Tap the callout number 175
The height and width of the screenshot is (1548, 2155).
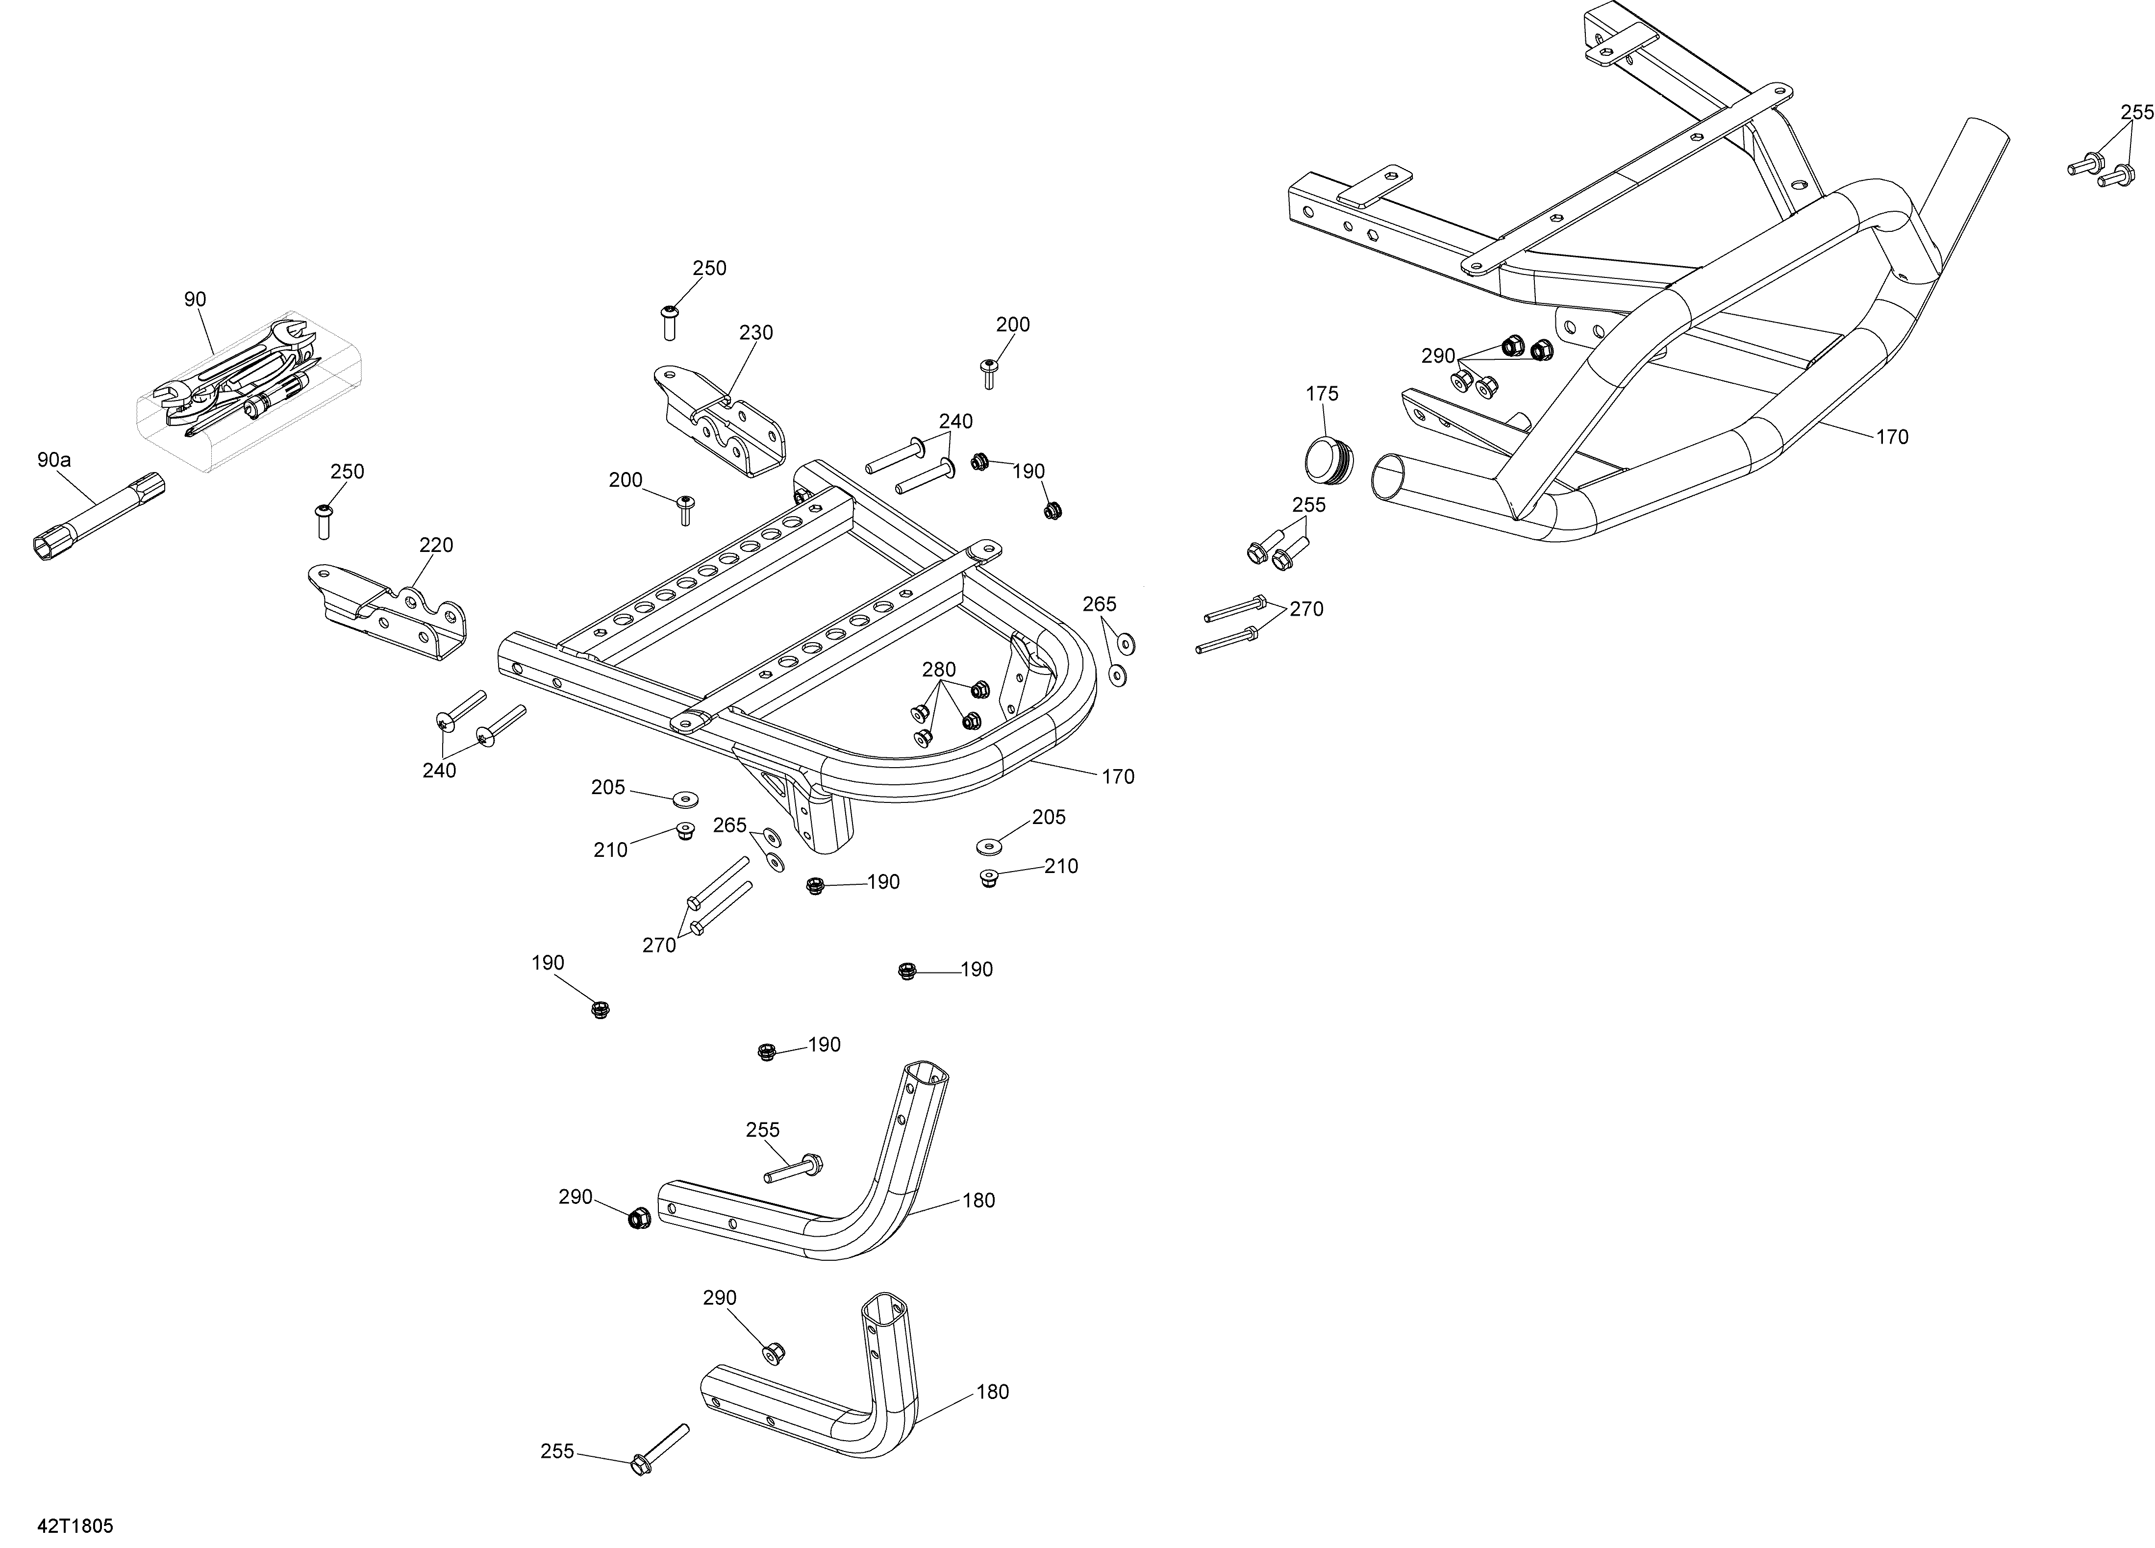[x=1322, y=394]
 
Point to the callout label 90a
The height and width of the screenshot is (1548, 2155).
[x=54, y=460]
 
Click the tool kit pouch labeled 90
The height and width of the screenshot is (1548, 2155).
[x=249, y=390]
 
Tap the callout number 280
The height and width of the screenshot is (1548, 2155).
[x=939, y=670]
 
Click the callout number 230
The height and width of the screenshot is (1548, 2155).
[x=756, y=333]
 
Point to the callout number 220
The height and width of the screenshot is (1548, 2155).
[x=436, y=546]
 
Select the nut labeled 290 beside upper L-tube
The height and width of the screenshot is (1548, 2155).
[x=639, y=1217]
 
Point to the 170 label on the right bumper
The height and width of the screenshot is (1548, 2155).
[x=1892, y=437]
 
